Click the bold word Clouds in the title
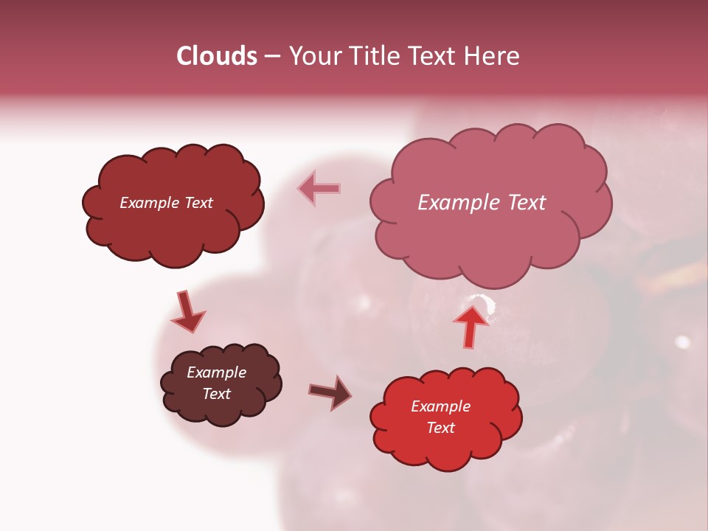217,56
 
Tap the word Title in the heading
371,56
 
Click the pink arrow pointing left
319,189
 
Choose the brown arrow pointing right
331,392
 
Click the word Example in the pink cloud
457,203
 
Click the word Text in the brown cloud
217,394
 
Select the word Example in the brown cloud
217,372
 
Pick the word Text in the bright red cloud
440,428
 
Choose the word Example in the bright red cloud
440,406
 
